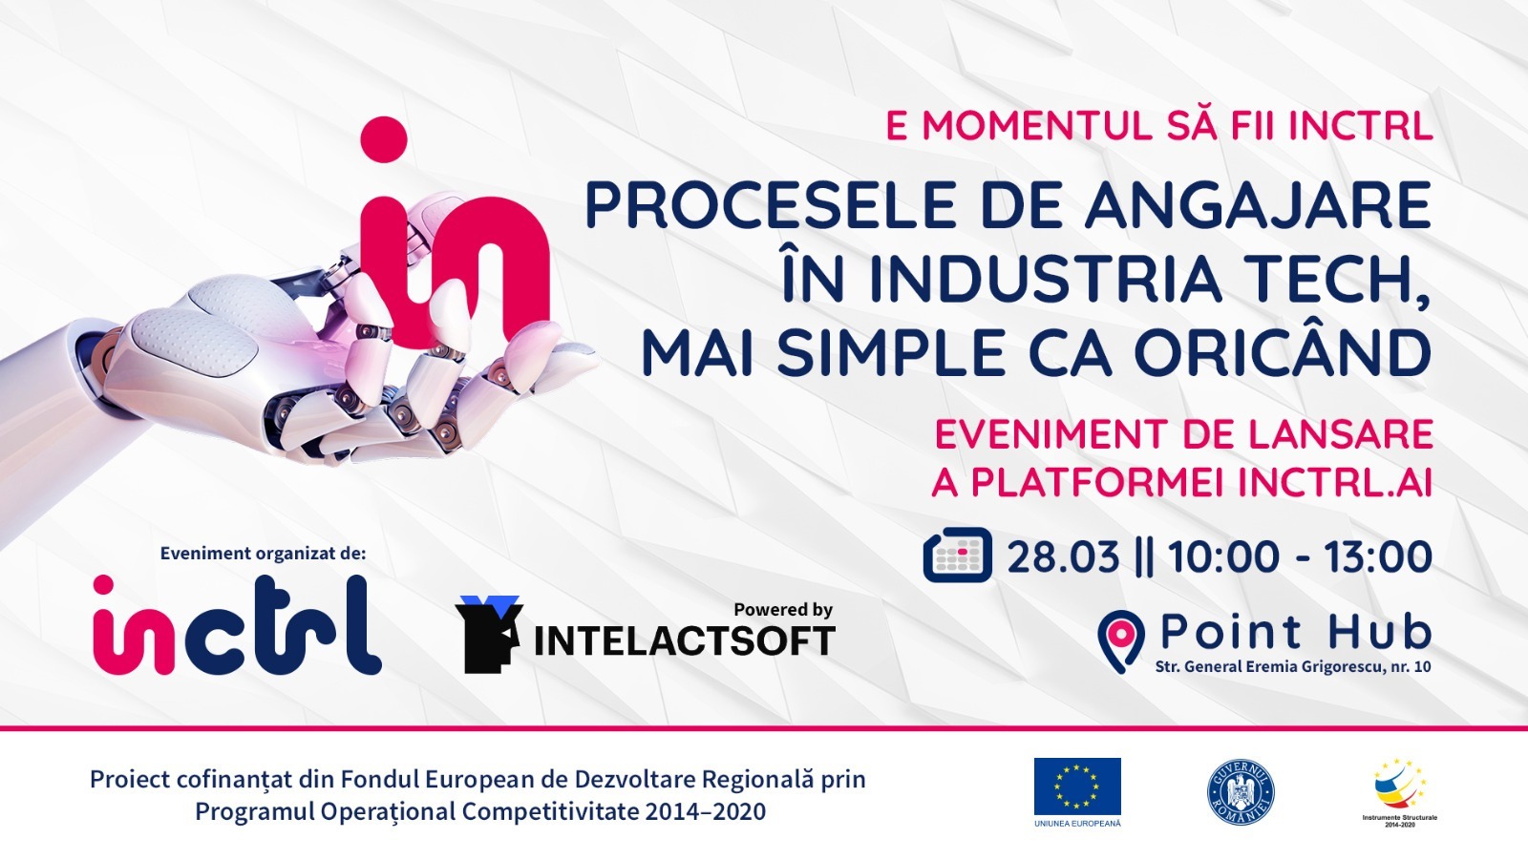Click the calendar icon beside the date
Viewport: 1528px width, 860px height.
click(x=957, y=556)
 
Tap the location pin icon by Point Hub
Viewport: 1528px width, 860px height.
click(x=1121, y=640)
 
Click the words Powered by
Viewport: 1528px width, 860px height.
click(x=783, y=609)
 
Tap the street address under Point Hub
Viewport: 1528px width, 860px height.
click(x=1293, y=666)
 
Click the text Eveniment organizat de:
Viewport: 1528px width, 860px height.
click(x=263, y=554)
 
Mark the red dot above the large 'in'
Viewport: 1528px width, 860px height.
click(x=385, y=139)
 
